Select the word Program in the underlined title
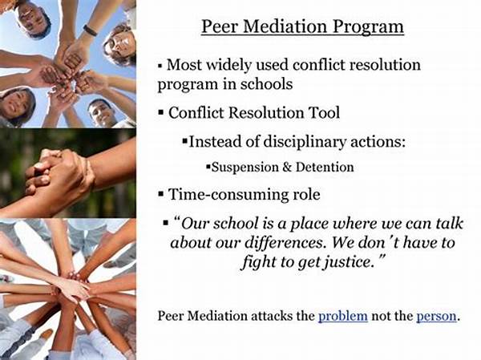coord(368,27)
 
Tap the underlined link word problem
coord(343,317)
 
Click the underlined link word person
coord(437,317)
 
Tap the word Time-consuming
coord(226,195)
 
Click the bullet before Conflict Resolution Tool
coord(161,112)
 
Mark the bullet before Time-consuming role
coord(161,194)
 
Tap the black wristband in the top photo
coord(90,30)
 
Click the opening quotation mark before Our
coord(176,220)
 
